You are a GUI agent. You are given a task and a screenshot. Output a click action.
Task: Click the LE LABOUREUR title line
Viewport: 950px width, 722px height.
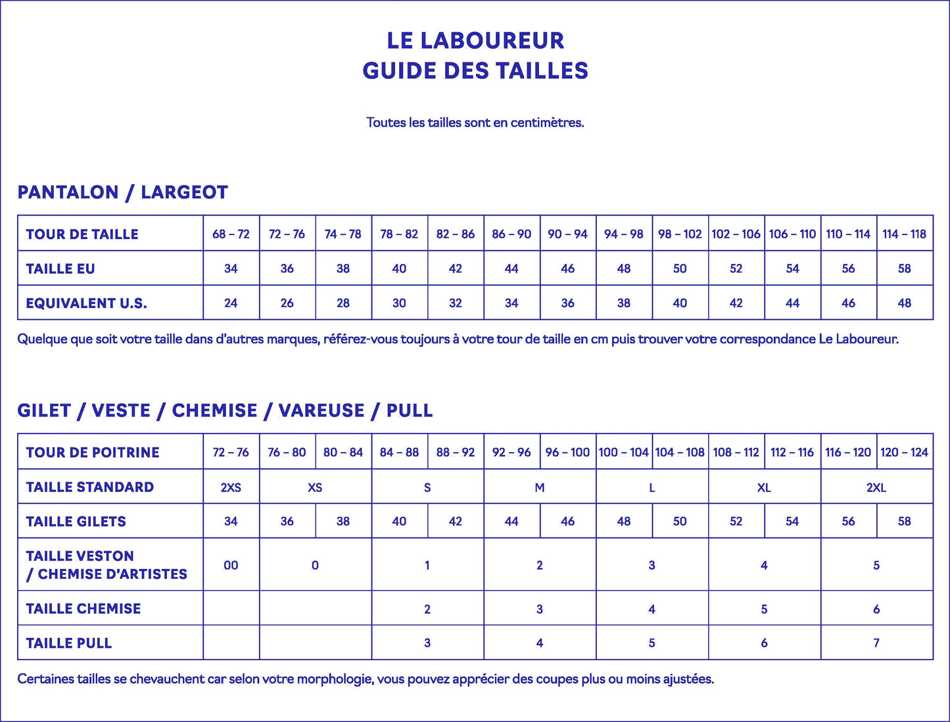[x=475, y=41]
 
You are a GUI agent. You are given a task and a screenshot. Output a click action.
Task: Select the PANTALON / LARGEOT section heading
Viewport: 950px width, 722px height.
[x=123, y=192]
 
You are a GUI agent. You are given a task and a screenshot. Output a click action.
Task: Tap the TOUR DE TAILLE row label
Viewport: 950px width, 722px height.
[x=82, y=234]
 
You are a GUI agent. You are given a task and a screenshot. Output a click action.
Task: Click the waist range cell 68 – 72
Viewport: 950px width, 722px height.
[x=231, y=234]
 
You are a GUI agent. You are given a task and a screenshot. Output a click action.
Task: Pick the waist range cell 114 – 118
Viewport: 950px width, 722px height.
[x=904, y=234]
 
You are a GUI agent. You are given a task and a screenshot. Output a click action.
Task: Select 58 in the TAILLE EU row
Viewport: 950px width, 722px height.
[x=904, y=269]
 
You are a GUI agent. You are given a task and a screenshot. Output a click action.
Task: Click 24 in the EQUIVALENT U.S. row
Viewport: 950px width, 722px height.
[x=231, y=303]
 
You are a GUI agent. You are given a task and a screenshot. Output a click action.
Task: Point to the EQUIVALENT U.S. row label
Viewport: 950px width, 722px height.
[x=86, y=303]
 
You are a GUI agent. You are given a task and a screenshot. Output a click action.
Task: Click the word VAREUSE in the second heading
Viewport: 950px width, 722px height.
[x=321, y=411]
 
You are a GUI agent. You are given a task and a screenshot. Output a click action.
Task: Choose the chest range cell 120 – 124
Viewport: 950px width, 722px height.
[x=904, y=452]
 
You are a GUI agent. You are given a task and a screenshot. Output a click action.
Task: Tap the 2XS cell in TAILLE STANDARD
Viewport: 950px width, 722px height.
[x=231, y=487]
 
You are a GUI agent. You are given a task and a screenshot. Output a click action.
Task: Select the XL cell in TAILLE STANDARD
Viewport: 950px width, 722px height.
[x=764, y=487]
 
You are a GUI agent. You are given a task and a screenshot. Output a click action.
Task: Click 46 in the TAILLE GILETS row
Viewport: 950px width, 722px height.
[x=567, y=522]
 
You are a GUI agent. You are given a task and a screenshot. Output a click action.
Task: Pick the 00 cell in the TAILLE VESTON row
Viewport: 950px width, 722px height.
[x=231, y=565]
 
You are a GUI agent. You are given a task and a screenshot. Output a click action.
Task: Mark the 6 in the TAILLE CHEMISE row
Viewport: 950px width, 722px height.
[x=876, y=609]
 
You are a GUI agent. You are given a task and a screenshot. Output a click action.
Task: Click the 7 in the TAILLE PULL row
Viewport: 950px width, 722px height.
[x=876, y=643]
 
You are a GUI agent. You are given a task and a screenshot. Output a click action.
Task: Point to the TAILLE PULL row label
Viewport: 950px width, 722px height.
[x=69, y=643]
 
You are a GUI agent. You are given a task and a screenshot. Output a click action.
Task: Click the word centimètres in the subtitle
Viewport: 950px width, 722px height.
[x=547, y=122]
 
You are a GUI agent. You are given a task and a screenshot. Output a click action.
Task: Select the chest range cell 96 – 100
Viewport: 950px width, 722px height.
[x=567, y=452]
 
